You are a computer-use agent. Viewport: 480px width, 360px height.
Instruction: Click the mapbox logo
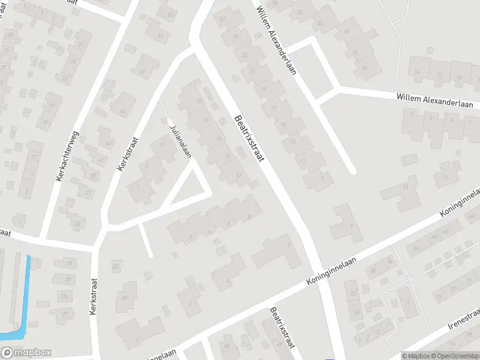(x=26, y=353)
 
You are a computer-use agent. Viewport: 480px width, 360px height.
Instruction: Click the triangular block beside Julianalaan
(x=187, y=185)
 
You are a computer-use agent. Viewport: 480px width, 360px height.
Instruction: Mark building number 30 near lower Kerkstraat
(x=125, y=298)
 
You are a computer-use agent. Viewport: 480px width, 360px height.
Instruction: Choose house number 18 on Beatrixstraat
(x=199, y=100)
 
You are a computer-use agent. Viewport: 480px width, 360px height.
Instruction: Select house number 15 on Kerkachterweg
(x=44, y=122)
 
